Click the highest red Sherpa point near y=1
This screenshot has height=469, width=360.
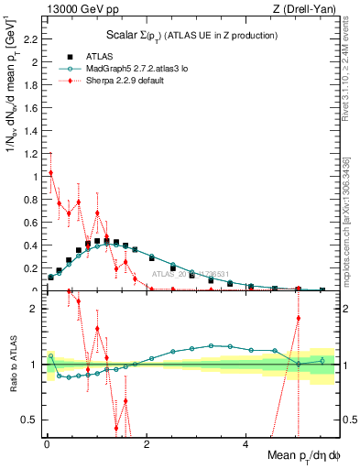(50, 172)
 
